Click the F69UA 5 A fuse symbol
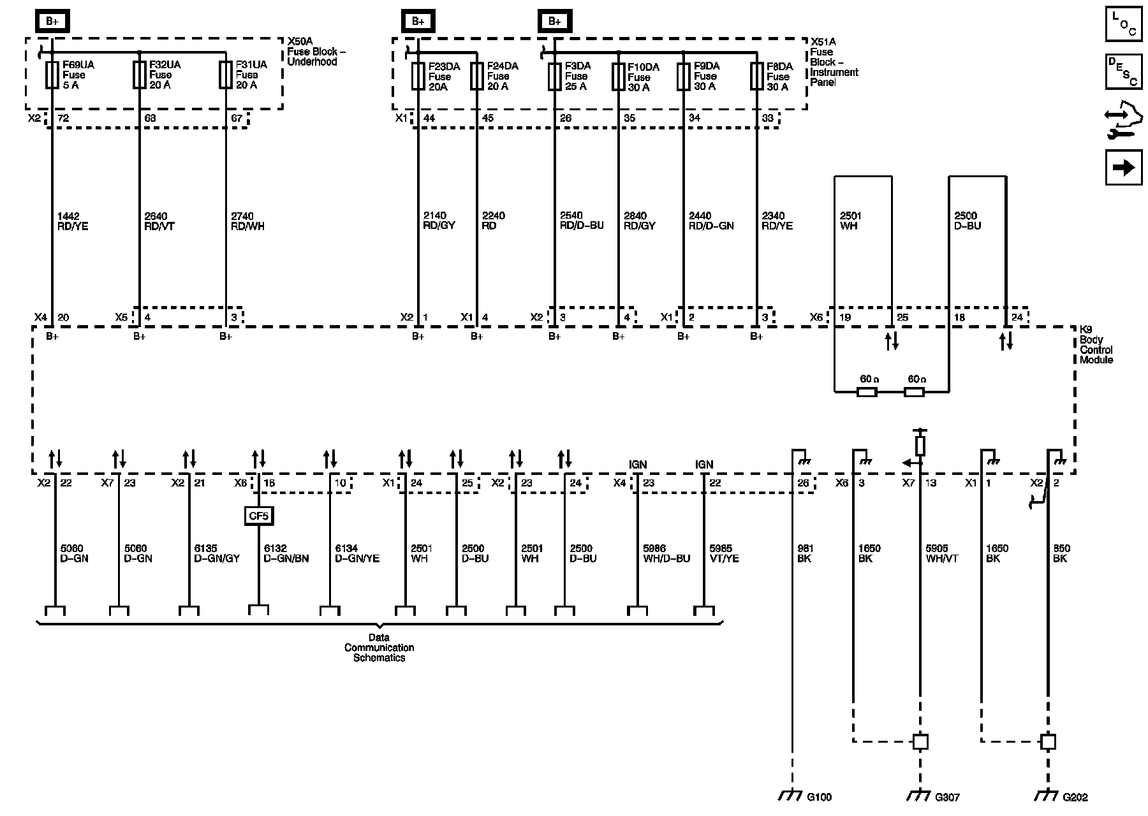[x=52, y=75]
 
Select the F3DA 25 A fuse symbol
[x=554, y=76]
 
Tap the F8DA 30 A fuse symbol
[x=756, y=76]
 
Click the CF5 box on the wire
[x=258, y=515]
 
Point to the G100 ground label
[x=820, y=797]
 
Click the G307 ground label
[x=947, y=797]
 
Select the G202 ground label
[x=1075, y=797]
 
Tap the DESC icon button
[x=1123, y=71]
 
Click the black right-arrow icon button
[x=1123, y=167]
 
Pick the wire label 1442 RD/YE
[x=72, y=221]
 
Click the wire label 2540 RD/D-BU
[x=581, y=221]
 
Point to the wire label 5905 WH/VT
[x=941, y=553]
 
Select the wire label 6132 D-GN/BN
[x=286, y=553]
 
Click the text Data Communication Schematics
[x=379, y=648]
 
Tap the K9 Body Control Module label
[x=1096, y=345]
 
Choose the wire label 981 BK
[x=805, y=553]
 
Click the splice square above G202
[x=1047, y=742]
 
